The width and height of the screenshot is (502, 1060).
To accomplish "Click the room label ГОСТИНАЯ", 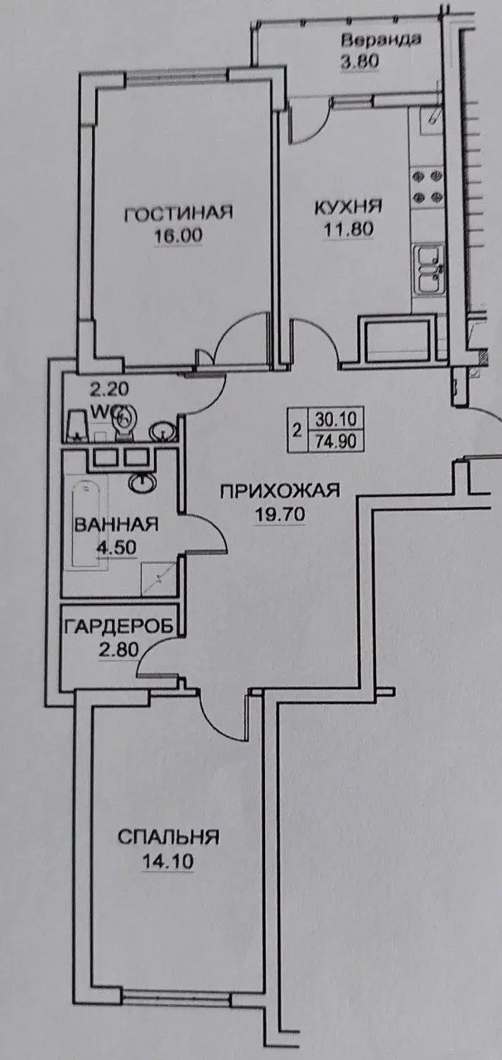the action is [x=178, y=213].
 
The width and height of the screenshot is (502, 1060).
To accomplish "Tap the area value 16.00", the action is [x=178, y=235].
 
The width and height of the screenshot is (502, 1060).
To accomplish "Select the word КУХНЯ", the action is [x=349, y=207].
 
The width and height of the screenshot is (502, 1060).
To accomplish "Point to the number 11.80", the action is [x=349, y=229].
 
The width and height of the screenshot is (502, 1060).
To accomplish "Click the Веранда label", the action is [x=381, y=40].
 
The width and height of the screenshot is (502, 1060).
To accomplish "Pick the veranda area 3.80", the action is [x=360, y=62].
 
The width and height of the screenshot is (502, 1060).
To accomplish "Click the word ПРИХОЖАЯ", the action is [x=280, y=491].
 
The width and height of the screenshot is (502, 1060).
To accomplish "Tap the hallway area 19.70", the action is [x=280, y=513].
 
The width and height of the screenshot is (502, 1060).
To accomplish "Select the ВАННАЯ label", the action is [x=117, y=525].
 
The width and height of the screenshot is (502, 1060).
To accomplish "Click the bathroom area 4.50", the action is [x=116, y=547].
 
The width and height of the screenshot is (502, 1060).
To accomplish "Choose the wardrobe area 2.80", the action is [x=118, y=650].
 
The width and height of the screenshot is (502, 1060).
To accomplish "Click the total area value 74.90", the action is [x=335, y=441].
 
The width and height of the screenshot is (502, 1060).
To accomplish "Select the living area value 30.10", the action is [x=335, y=419].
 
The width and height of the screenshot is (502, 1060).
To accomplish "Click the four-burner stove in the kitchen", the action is [x=427, y=186].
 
